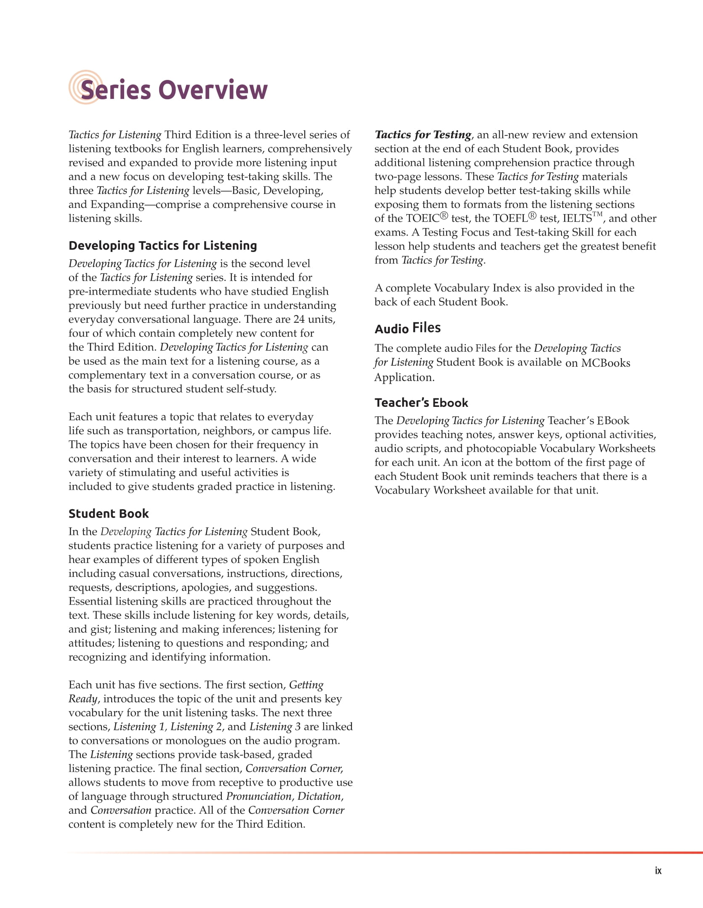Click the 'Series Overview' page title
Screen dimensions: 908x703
click(173, 90)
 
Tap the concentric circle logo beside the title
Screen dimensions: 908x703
click(85, 87)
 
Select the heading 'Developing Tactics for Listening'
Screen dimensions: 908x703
click(162, 245)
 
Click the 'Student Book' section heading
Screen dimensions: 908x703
click(109, 513)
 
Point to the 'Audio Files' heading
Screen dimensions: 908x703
click(407, 328)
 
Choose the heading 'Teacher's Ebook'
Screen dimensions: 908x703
click(421, 403)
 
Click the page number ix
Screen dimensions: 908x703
click(658, 871)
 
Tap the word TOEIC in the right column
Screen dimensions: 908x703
click(422, 218)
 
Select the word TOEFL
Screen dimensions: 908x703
click(510, 218)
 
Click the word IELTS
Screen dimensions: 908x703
click(577, 218)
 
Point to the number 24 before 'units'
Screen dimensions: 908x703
click(299, 319)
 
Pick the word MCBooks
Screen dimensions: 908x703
click(605, 363)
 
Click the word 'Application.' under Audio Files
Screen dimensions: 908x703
click(404, 377)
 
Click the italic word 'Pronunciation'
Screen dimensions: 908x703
click(259, 796)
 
